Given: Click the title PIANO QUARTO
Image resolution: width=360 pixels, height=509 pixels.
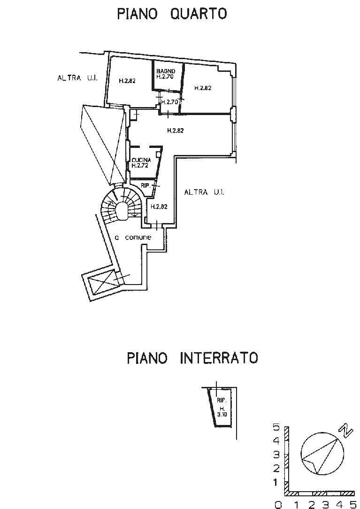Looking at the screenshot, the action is pyautogui.click(x=172, y=14).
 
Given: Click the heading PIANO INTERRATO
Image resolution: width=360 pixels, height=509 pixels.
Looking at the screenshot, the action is pyautogui.click(x=192, y=358).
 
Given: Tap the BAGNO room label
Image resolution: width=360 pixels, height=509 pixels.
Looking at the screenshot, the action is pyautogui.click(x=166, y=71).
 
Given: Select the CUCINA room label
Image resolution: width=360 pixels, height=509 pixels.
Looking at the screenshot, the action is pyautogui.click(x=141, y=160).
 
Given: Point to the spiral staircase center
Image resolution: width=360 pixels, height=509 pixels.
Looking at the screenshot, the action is pyautogui.click(x=122, y=210).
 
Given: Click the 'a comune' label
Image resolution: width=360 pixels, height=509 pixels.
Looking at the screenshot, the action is pyautogui.click(x=133, y=238).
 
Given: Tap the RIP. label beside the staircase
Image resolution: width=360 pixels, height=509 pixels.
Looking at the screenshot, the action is pyautogui.click(x=145, y=185).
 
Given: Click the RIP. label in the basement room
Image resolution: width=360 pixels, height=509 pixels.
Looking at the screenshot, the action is pyautogui.click(x=222, y=401).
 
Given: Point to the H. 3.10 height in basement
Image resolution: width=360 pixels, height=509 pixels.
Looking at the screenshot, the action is pyautogui.click(x=222, y=411).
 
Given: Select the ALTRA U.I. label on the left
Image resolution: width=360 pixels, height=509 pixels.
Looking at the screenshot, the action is pyautogui.click(x=77, y=78).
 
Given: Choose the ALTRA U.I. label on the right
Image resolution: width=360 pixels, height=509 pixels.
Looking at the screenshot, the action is pyautogui.click(x=204, y=192).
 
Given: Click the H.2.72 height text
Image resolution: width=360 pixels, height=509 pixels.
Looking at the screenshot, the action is pyautogui.click(x=140, y=166).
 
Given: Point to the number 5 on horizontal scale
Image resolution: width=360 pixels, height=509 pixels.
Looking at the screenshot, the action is pyautogui.click(x=353, y=504).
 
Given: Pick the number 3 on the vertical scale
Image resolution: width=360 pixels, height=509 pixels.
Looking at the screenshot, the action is pyautogui.click(x=276, y=455).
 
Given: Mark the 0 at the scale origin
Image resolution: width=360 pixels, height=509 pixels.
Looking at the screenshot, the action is pyautogui.click(x=278, y=505).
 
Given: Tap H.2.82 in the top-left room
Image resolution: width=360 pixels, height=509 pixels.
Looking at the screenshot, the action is pyautogui.click(x=127, y=81).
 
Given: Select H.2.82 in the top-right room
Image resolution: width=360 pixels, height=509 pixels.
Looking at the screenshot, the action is pyautogui.click(x=203, y=88).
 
